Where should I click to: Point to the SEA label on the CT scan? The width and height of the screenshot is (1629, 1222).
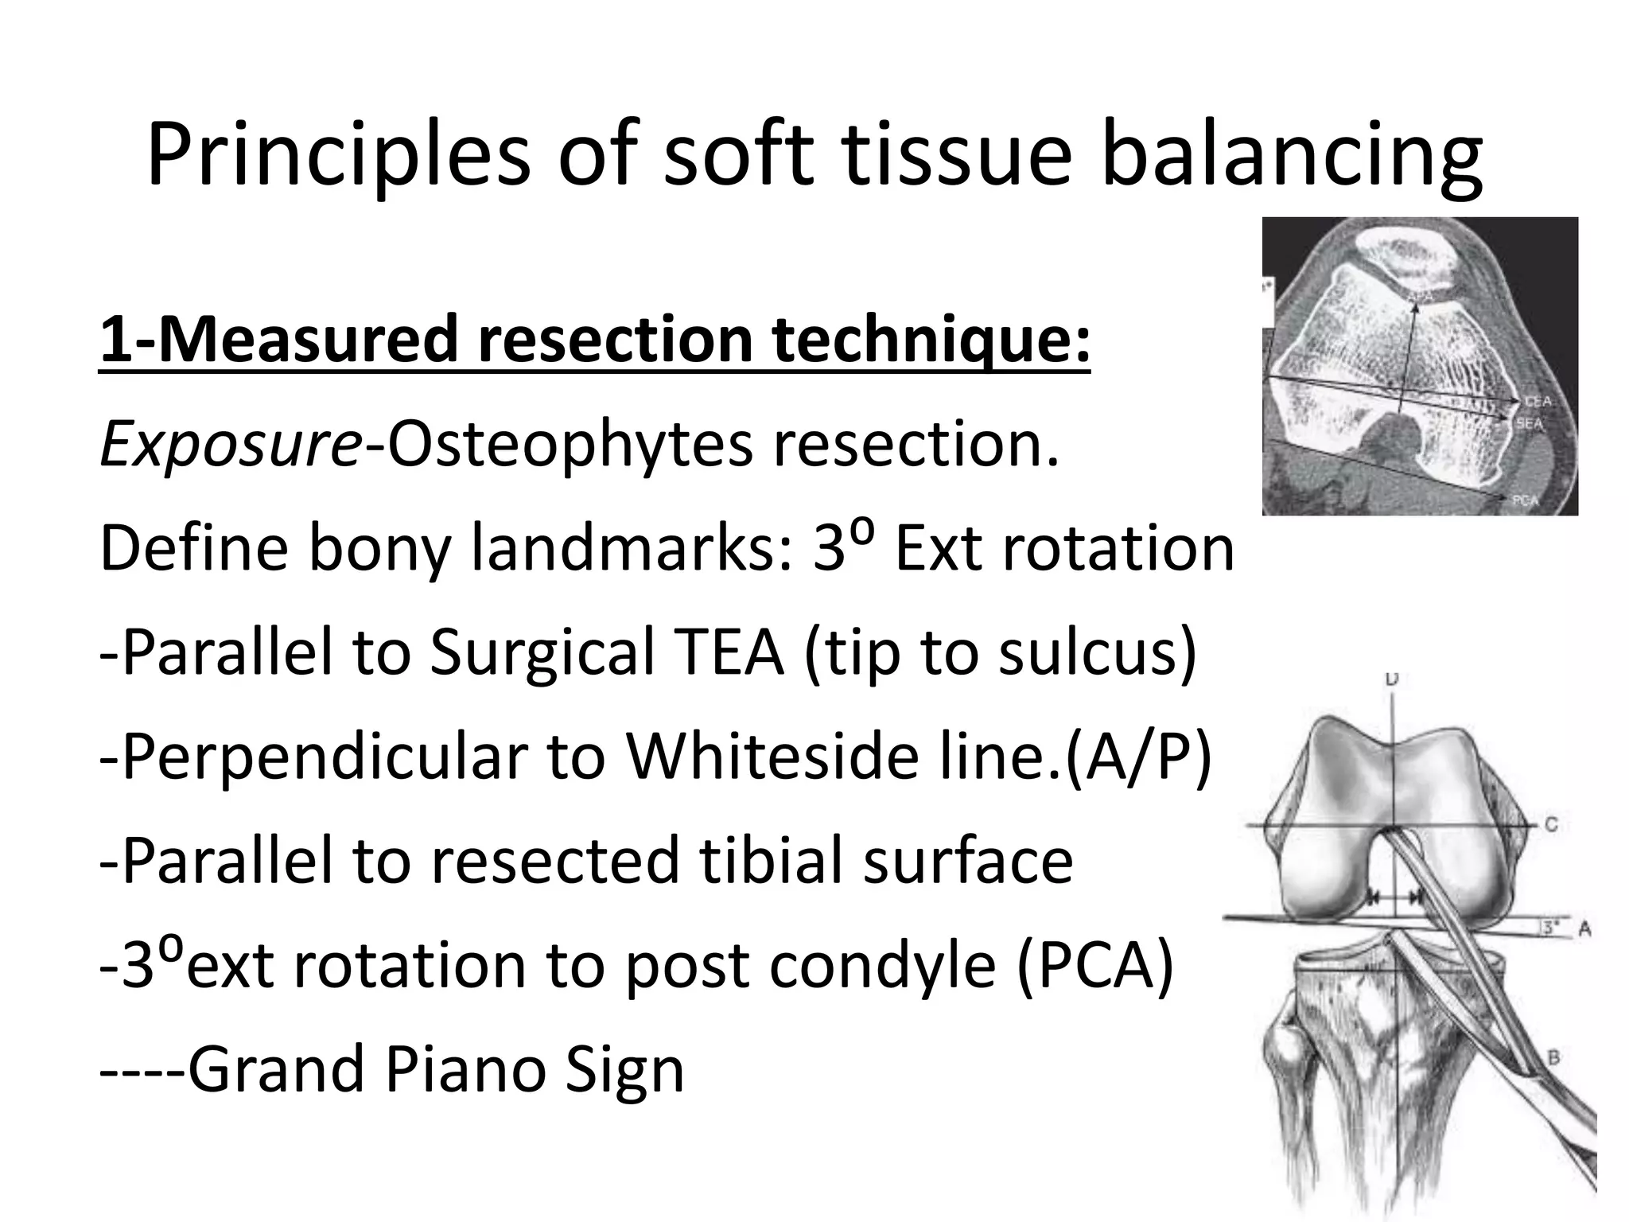1530,424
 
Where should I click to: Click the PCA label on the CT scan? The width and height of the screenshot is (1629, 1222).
1526,500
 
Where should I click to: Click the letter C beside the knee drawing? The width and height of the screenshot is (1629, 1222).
1550,825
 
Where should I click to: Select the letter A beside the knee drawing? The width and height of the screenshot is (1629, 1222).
1584,928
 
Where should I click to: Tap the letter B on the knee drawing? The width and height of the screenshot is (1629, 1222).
1552,1058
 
